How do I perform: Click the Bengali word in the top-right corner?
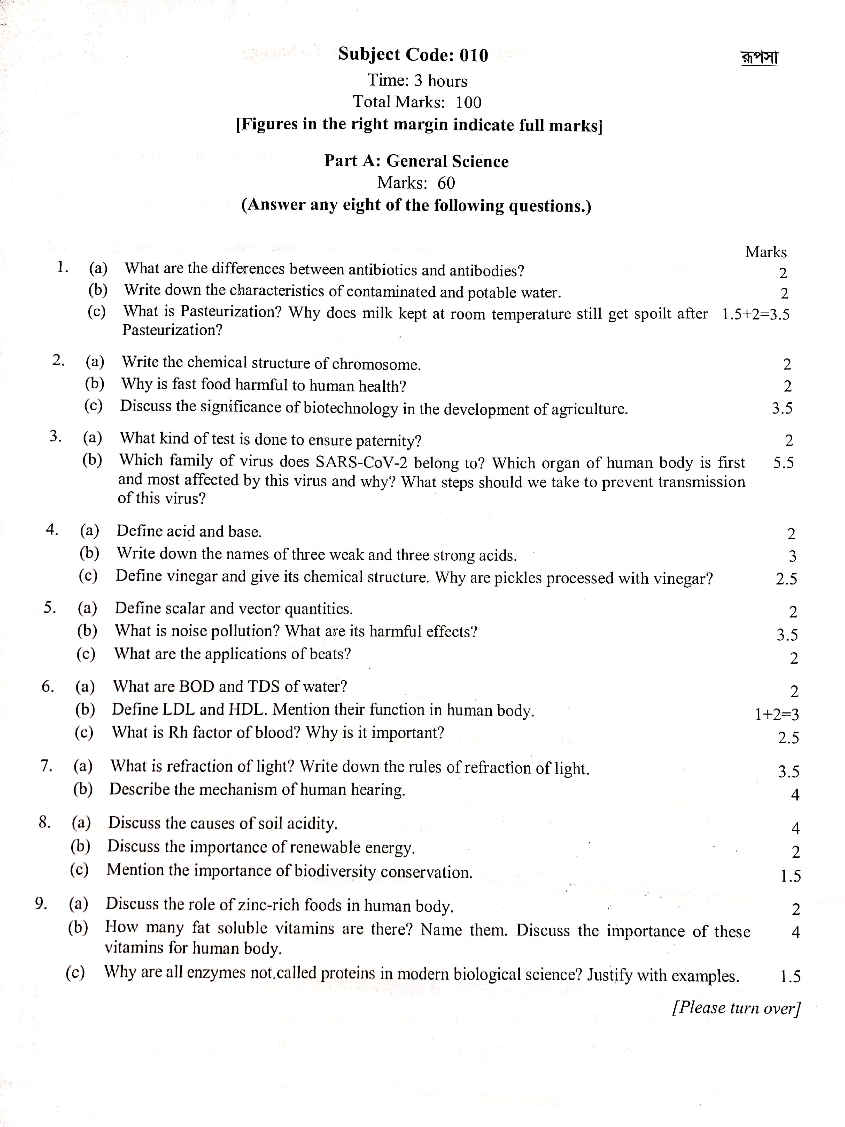759,58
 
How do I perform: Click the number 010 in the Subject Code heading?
474,55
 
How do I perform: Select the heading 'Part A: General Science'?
416,161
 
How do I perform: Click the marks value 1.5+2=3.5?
755,314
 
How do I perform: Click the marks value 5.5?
783,462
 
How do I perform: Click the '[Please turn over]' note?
736,1008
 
